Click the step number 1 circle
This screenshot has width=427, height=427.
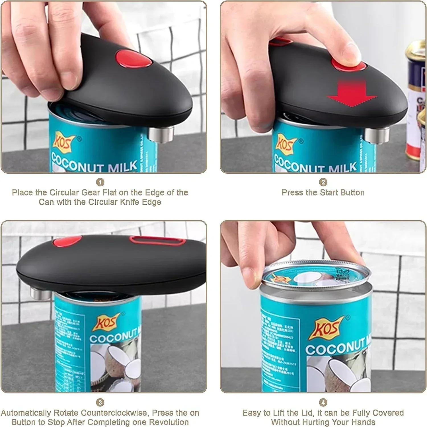click(x=100, y=182)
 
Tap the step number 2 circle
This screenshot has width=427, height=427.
click(x=323, y=182)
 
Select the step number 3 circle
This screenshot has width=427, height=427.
click(x=100, y=402)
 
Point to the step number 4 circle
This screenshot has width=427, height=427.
click(x=323, y=402)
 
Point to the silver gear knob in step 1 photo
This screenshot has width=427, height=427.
click(x=161, y=134)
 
